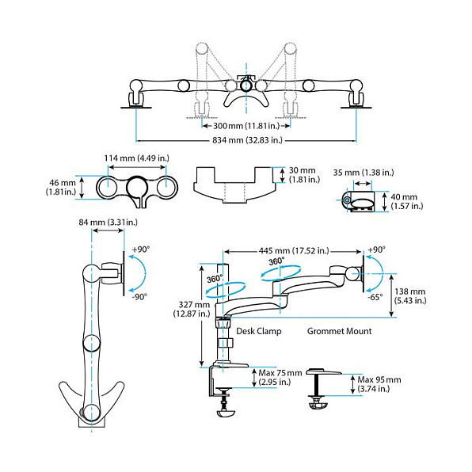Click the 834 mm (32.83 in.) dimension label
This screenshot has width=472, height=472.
(x=247, y=140)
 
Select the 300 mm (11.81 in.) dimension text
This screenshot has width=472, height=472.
(x=246, y=126)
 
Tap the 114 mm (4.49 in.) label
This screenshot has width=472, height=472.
(x=137, y=158)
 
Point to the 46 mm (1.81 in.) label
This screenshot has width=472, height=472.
(x=61, y=187)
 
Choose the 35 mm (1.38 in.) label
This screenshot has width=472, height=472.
(x=364, y=173)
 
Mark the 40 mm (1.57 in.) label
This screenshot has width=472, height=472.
(x=407, y=201)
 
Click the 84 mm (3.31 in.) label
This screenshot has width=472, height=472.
(x=108, y=223)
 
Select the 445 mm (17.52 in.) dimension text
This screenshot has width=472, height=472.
(x=294, y=250)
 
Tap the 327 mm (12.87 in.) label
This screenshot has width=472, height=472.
(x=192, y=309)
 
